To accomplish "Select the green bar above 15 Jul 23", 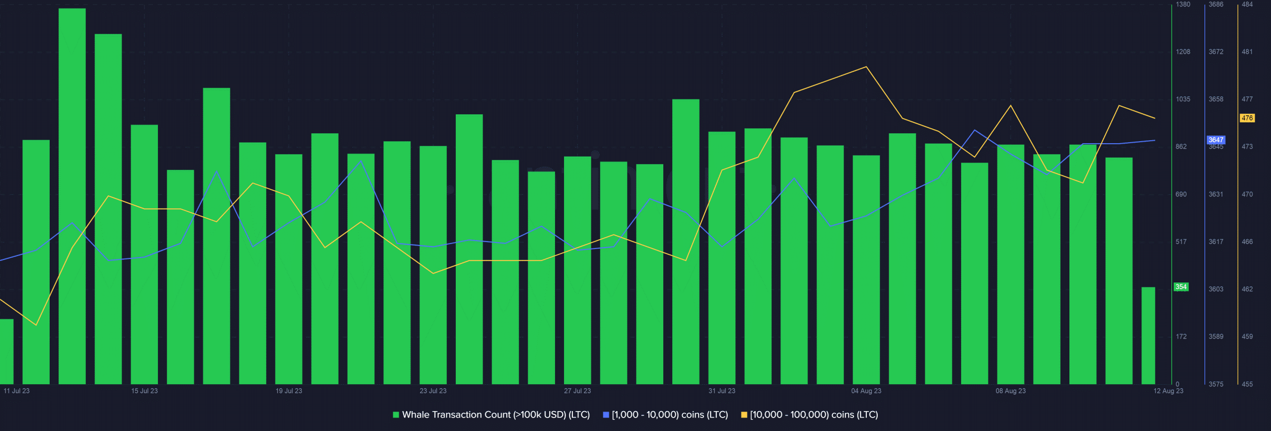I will point(144,254).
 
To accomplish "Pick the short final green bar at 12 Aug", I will point(1148,336).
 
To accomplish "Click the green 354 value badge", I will point(1181,287).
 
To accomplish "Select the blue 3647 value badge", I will point(1216,140).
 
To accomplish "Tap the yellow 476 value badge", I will point(1247,118).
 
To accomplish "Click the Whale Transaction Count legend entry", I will point(492,415).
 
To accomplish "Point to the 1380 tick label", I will point(1183,4).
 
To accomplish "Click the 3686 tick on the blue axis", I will point(1216,4).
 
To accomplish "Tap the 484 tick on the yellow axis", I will point(1247,4).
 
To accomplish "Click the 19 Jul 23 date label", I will point(289,391).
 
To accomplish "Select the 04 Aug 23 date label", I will point(866,391).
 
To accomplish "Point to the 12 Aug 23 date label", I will point(1168,391).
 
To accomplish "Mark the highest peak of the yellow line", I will point(866,67).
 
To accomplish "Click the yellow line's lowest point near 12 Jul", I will point(36,325).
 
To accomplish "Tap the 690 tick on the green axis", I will point(1181,194).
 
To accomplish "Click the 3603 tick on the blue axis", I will point(1216,289).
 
